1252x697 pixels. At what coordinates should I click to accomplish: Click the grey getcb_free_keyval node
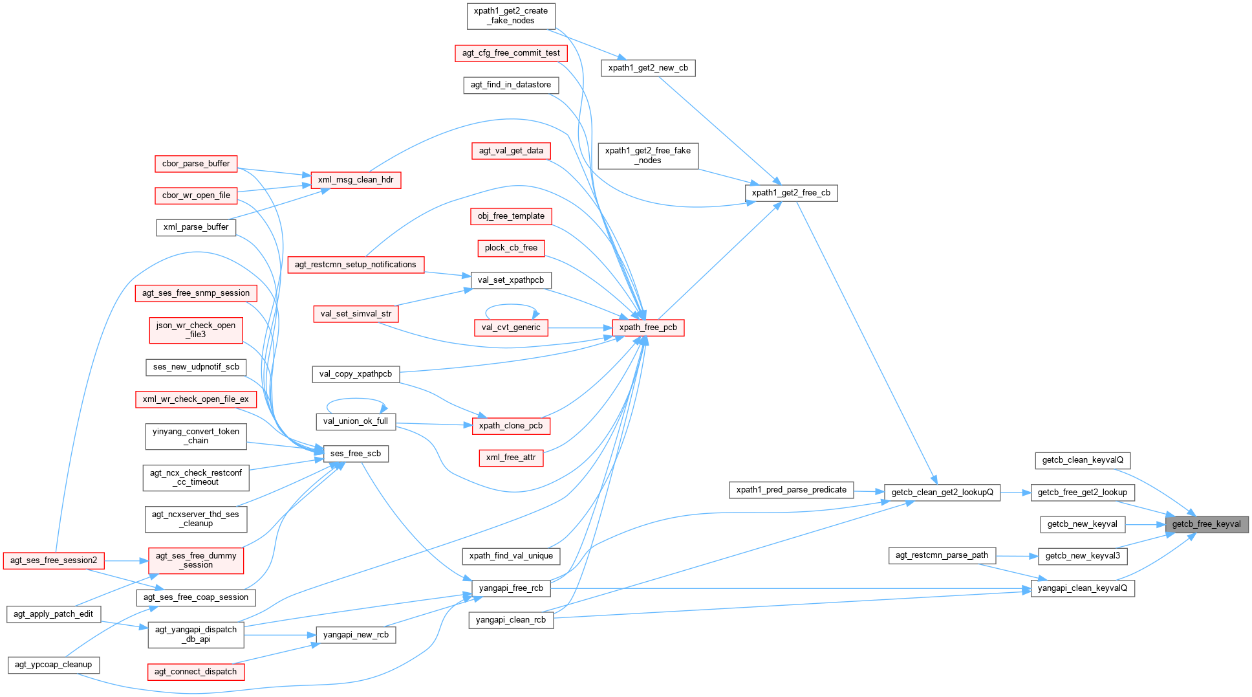point(1206,524)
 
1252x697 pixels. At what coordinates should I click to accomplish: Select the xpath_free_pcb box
point(648,327)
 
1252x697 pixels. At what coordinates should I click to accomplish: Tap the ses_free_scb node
point(356,454)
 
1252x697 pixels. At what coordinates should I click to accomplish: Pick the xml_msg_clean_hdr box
point(356,180)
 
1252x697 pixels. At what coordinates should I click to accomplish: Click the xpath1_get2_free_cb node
point(791,193)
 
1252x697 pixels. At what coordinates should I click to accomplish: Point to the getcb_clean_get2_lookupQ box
point(942,492)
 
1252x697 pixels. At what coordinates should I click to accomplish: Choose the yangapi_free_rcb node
point(511,588)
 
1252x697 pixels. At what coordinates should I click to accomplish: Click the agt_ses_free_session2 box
point(54,560)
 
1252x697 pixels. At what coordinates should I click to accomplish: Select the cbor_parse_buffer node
point(196,164)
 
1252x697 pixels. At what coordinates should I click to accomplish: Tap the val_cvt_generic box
point(511,327)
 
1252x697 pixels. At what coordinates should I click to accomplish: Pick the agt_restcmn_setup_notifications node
point(356,265)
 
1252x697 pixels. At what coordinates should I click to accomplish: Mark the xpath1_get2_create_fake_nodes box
point(511,16)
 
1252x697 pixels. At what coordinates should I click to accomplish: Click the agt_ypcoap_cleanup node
point(54,665)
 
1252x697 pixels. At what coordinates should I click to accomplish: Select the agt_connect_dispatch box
point(196,672)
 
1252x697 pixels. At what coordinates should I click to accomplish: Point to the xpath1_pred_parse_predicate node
point(791,490)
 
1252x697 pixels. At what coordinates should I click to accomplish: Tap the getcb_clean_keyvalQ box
point(1083,460)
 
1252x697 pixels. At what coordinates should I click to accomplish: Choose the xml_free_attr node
point(511,458)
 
